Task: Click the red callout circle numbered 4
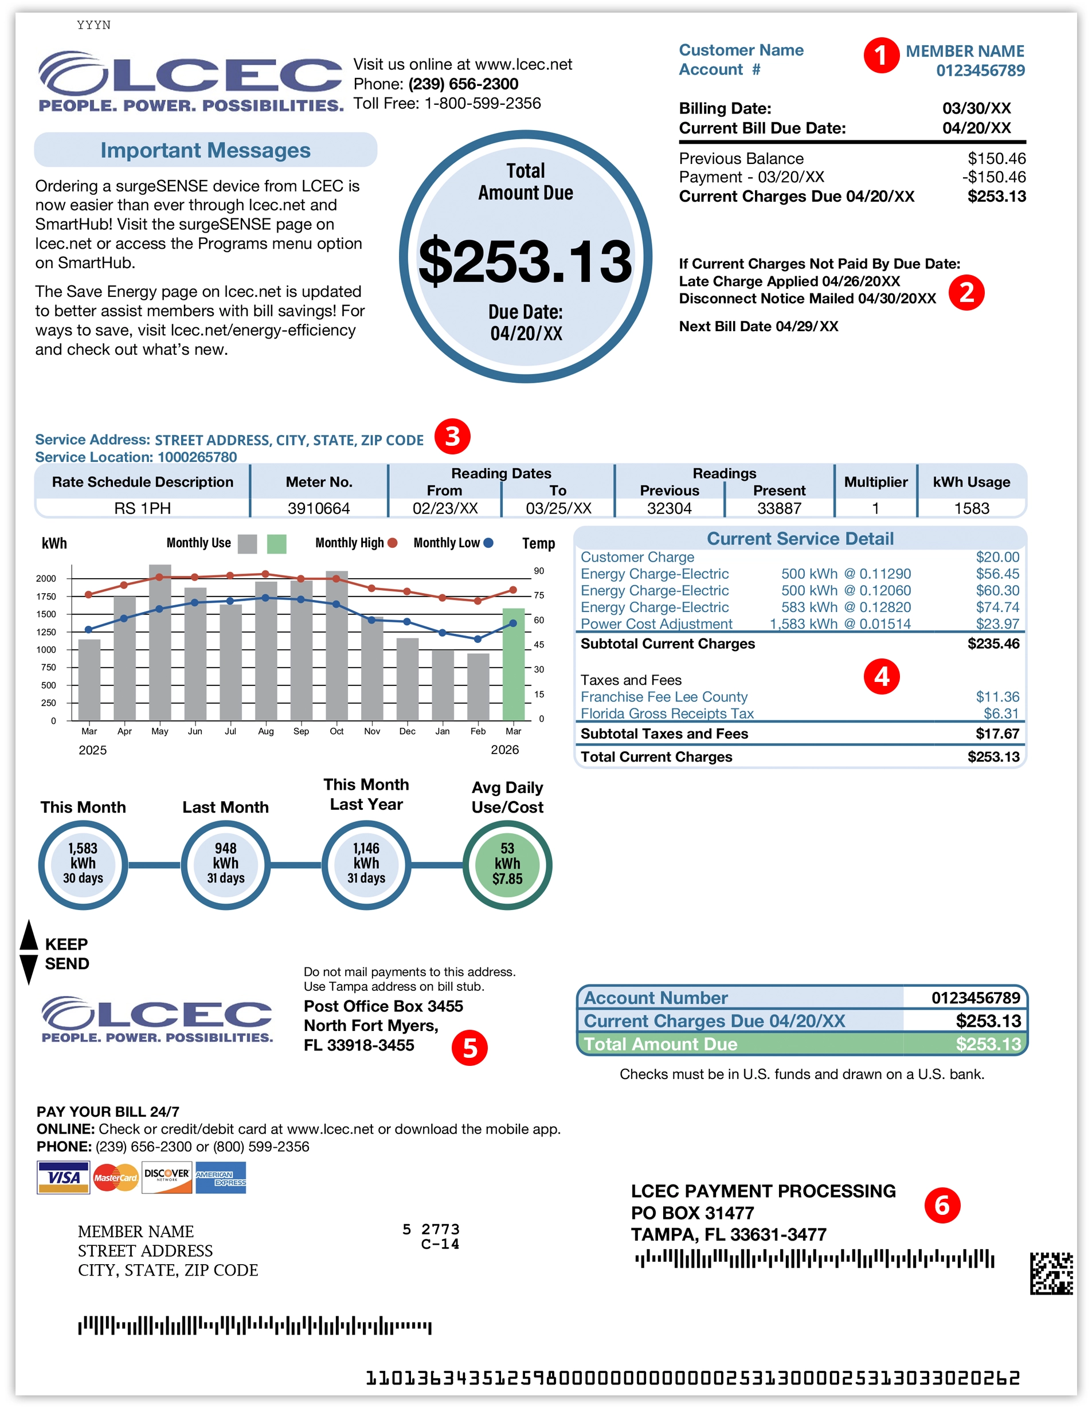tap(881, 676)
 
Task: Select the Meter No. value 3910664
tap(319, 508)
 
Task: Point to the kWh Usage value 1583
tap(971, 508)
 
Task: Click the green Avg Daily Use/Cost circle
tap(507, 864)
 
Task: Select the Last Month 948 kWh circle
tap(226, 864)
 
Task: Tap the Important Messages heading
tap(206, 150)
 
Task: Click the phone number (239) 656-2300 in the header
tap(463, 84)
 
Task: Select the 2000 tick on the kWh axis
tap(46, 579)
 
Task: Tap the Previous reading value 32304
tap(669, 508)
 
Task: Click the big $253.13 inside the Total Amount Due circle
tap(525, 261)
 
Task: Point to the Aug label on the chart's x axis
tap(266, 731)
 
